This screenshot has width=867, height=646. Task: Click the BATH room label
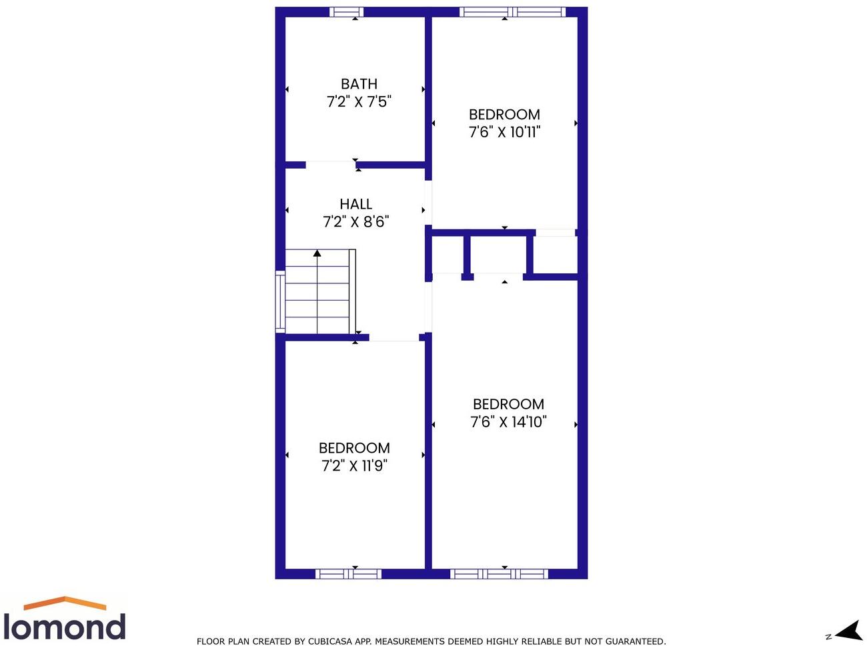[x=359, y=84]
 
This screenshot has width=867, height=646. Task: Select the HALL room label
[x=355, y=204]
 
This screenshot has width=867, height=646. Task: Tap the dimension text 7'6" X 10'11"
[x=504, y=132]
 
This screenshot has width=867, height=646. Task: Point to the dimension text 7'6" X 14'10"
[x=508, y=422]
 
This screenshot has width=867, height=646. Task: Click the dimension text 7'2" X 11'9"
[x=354, y=466]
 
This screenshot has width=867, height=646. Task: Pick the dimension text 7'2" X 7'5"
[x=359, y=102]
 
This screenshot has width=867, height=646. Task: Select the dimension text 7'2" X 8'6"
[x=355, y=222]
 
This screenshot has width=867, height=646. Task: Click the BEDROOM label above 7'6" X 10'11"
[x=504, y=115]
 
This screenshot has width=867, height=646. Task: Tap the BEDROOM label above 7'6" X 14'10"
[x=508, y=404]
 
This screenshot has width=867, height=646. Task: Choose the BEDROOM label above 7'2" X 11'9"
[x=354, y=448]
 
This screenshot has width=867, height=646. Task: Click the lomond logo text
[x=65, y=627]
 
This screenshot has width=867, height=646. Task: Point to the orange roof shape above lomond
[x=65, y=603]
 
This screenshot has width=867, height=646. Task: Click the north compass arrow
[x=848, y=631]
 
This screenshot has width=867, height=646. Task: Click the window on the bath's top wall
[x=347, y=12]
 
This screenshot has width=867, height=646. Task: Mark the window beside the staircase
[x=280, y=301]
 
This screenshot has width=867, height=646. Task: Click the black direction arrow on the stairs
[x=317, y=253]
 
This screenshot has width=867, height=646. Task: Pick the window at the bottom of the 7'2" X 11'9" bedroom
[x=348, y=573]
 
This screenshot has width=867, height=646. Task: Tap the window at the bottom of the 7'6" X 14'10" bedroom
[x=499, y=573]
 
